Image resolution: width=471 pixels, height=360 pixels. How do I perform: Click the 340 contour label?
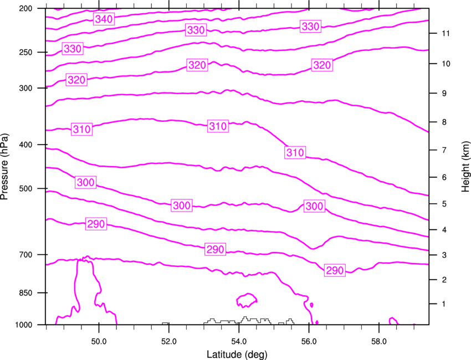[x=104, y=19]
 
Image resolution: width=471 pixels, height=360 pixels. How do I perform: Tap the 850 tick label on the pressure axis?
[x=25, y=293]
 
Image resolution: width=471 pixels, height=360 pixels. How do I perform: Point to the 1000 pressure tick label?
[x=24, y=325]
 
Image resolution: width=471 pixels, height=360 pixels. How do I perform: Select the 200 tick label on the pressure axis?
[x=25, y=8]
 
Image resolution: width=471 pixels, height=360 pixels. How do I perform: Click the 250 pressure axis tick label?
[x=25, y=52]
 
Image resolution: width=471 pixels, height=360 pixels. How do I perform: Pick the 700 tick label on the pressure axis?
[x=25, y=255]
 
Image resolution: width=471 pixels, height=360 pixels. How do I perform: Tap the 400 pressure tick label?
[x=25, y=145]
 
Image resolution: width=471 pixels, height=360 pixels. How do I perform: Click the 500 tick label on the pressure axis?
[x=25, y=188]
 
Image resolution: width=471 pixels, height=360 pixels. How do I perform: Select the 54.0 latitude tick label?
[x=239, y=342]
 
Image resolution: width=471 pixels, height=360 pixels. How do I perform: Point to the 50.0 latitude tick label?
[x=99, y=342]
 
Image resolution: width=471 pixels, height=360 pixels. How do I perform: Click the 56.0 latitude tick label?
[x=309, y=342]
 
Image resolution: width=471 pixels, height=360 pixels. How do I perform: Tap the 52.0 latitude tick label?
[x=169, y=342]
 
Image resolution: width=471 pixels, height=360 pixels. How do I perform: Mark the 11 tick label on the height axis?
[x=446, y=33]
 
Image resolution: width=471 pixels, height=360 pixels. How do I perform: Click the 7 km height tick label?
[x=444, y=150]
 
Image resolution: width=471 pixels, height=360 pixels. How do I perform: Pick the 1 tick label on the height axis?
[x=444, y=304]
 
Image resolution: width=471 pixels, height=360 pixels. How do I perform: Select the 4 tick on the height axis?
[x=444, y=230]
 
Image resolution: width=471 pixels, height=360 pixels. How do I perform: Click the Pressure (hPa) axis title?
[x=4, y=166]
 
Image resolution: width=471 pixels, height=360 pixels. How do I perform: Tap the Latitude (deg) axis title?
[x=237, y=354]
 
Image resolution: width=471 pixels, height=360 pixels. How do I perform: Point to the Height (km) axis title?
[x=465, y=167]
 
